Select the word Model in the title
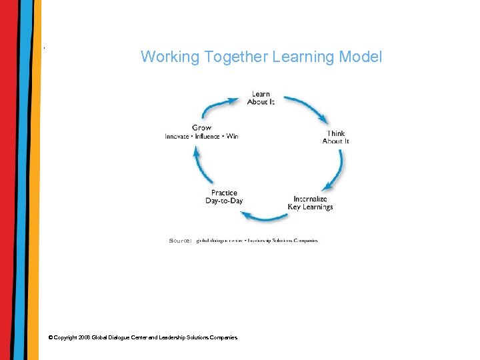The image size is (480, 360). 361,57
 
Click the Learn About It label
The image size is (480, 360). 261,98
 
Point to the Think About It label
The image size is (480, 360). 335,137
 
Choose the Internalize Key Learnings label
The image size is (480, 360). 310,203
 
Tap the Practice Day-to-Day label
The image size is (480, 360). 224,197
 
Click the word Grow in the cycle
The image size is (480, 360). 201,128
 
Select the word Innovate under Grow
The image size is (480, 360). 178,137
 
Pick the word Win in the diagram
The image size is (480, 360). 232,137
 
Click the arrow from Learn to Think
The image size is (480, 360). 306,108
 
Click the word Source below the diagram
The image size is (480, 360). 181,240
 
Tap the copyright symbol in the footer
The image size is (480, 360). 51,338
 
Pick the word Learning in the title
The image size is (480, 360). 303,57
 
